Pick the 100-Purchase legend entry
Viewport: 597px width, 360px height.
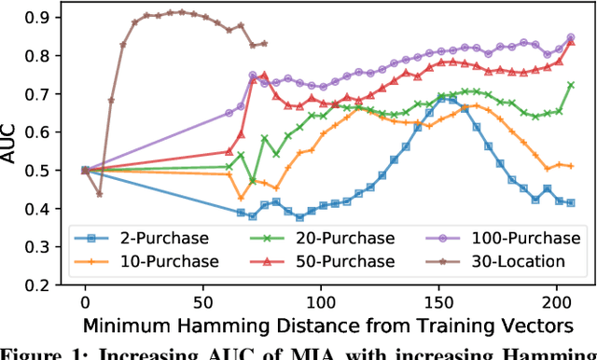465,239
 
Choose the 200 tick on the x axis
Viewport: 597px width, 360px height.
557,302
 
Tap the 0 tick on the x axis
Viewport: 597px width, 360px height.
85,302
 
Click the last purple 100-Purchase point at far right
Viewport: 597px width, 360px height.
570,38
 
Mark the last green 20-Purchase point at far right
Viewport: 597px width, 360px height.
570,85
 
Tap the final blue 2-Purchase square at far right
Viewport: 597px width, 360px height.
570,202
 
